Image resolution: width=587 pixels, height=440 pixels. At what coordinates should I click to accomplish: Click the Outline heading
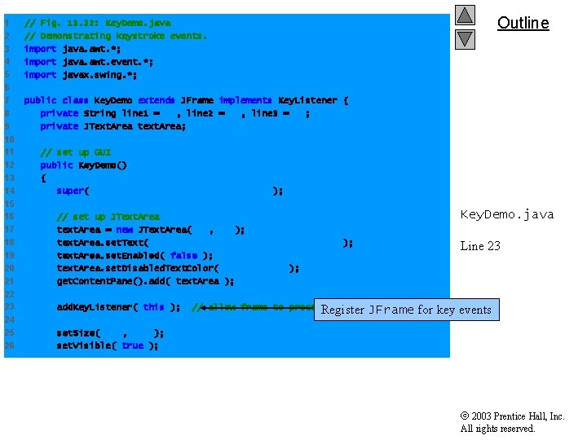coord(523,23)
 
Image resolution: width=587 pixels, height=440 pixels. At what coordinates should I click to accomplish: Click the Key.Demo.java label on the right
coord(506,214)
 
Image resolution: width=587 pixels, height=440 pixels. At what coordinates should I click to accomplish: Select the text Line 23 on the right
coord(479,245)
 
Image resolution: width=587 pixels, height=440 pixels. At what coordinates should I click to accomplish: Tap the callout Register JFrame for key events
coord(406,310)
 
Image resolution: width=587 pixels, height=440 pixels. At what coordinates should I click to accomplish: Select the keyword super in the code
coord(70,191)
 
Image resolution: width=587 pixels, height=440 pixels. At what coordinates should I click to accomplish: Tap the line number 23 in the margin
coord(8,306)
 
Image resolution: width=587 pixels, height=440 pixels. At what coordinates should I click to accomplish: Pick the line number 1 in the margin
coord(7,22)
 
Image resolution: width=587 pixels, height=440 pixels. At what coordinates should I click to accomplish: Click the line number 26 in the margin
coord(8,345)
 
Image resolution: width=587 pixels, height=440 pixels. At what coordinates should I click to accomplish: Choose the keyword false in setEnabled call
coord(183,255)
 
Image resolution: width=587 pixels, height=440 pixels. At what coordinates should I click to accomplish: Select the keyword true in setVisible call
coord(132,345)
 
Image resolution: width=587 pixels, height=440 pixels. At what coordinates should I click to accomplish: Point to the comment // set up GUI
coord(76,152)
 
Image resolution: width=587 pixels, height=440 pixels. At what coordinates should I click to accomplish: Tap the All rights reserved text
coord(497,429)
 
